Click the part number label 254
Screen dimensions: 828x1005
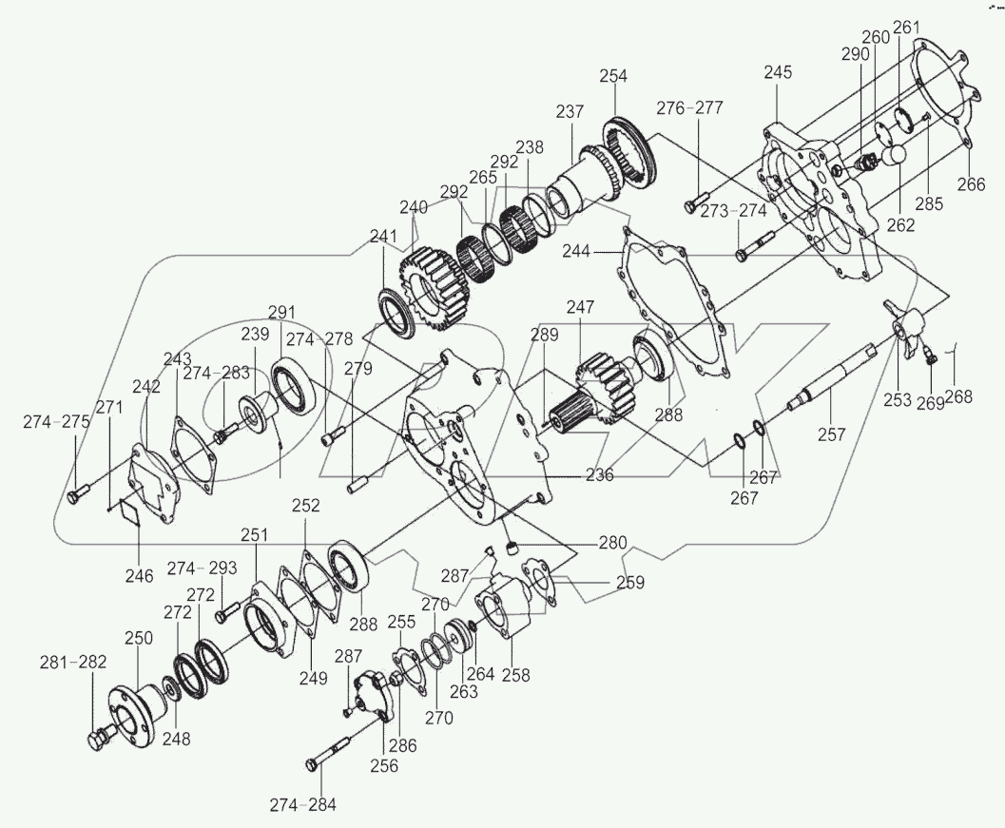[614, 75]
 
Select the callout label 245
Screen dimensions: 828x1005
[777, 73]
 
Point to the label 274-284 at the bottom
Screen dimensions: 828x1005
[301, 805]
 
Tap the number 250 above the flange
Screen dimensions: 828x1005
[139, 639]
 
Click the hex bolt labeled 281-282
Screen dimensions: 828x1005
[100, 738]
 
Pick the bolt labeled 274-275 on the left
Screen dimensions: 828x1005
[77, 494]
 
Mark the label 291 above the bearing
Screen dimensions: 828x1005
[281, 313]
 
